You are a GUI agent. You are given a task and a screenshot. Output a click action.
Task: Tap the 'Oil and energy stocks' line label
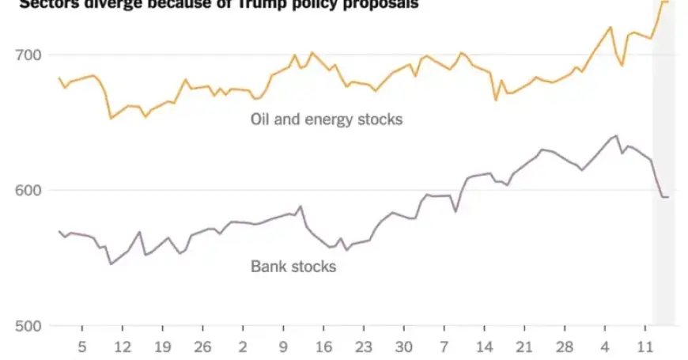(327, 119)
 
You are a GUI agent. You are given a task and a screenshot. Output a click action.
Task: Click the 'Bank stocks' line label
(293, 266)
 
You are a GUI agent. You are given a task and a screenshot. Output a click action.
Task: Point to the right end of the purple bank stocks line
(668, 196)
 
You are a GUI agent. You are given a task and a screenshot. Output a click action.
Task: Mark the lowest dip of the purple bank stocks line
(111, 263)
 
